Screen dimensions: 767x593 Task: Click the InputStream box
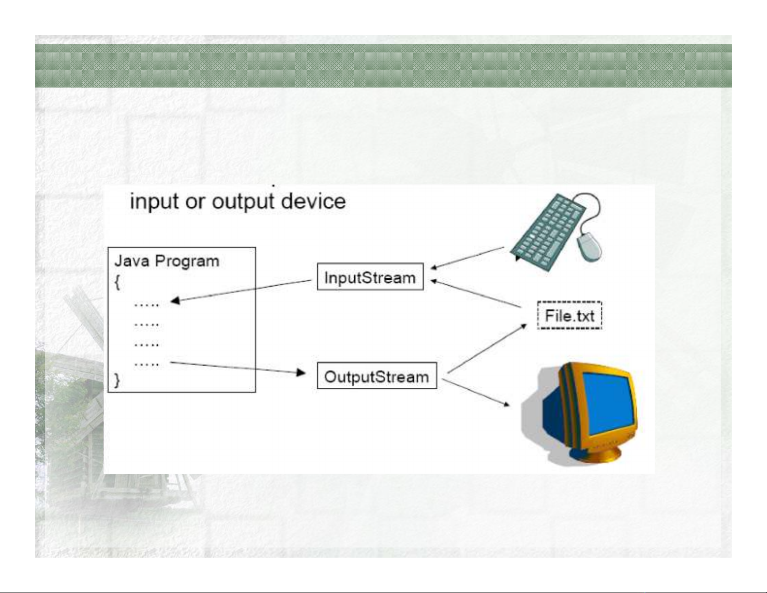(370, 276)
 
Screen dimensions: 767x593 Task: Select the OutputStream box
(377, 375)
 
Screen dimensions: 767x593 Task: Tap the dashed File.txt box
(570, 315)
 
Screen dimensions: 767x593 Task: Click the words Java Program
(167, 261)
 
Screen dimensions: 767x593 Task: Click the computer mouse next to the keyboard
(589, 247)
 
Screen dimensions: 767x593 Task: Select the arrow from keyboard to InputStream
(467, 258)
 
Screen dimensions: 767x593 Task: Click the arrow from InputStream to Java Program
(241, 291)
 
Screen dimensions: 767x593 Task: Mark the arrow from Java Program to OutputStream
(238, 368)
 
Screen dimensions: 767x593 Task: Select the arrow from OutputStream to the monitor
(476, 393)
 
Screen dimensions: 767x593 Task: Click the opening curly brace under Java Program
(117, 282)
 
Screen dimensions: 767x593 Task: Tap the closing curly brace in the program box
(117, 380)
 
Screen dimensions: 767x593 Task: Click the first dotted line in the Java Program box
(147, 304)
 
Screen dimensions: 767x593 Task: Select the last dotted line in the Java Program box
(147, 364)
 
